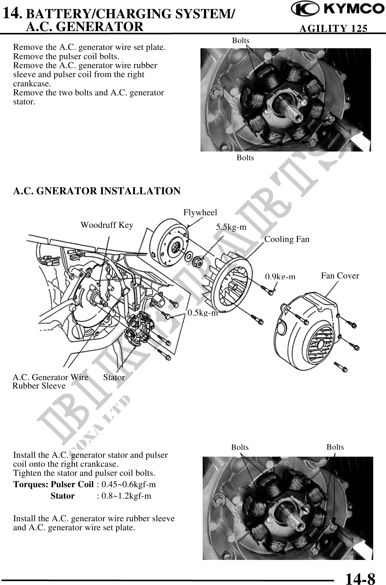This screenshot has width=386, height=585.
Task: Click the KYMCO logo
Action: pos(337,10)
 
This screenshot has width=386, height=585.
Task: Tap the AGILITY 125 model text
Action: pos(333,28)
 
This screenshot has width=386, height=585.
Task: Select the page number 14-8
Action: pos(360,577)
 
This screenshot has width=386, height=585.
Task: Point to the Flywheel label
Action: pos(200,212)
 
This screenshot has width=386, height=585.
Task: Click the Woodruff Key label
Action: pos(107,225)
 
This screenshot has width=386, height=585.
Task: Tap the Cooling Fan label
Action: pos(287,239)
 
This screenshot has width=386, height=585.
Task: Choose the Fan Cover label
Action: pos(340,276)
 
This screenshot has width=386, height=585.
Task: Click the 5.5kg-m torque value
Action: pos(231,227)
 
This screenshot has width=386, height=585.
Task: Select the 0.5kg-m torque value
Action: pos(203,313)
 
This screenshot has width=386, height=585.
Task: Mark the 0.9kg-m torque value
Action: pos(280,277)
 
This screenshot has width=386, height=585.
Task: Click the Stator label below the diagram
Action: pos(114,377)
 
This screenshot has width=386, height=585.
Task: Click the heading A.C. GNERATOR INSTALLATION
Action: pos(97,191)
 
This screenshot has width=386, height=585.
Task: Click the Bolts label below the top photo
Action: pos(245,158)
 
